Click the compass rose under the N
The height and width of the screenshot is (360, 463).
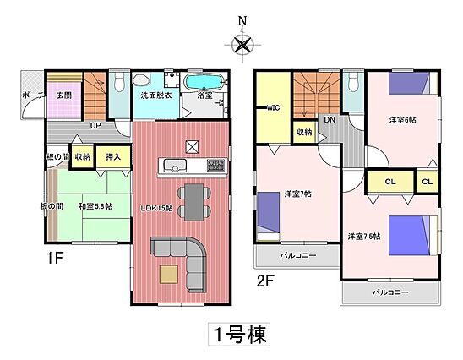(x=242, y=45)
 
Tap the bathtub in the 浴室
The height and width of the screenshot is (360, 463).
(x=204, y=81)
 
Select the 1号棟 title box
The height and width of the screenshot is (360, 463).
(x=239, y=334)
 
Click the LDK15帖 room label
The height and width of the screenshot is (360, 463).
(x=156, y=208)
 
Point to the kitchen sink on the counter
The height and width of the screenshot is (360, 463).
(x=175, y=165)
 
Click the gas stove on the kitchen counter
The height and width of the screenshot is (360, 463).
(x=215, y=165)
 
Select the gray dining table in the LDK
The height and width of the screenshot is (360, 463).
(x=194, y=202)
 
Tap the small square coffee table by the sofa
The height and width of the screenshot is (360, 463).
(x=169, y=275)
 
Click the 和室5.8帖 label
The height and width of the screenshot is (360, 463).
(x=95, y=206)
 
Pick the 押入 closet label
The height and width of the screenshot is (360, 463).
(x=113, y=157)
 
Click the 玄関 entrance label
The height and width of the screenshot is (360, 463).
(x=64, y=95)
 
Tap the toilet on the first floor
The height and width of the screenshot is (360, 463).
(x=120, y=81)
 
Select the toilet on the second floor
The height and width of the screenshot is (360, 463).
(x=353, y=82)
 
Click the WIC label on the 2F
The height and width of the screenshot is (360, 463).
(x=273, y=108)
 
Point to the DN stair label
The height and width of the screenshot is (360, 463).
(x=330, y=120)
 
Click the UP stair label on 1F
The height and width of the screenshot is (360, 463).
(x=95, y=126)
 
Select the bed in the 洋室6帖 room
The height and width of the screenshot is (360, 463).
(x=413, y=84)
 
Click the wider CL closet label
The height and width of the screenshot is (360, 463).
(x=390, y=182)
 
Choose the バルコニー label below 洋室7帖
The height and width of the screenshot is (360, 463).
(x=298, y=255)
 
